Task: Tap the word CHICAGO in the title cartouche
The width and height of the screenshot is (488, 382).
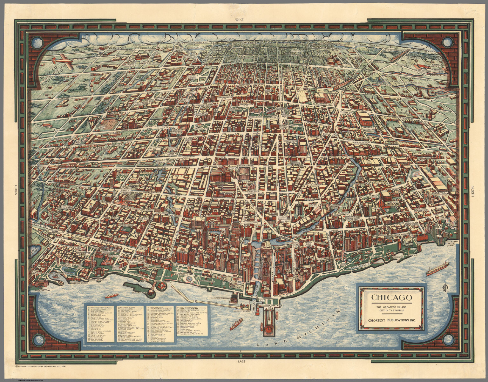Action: tap(391, 298)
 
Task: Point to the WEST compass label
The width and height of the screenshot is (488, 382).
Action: tap(239, 20)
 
